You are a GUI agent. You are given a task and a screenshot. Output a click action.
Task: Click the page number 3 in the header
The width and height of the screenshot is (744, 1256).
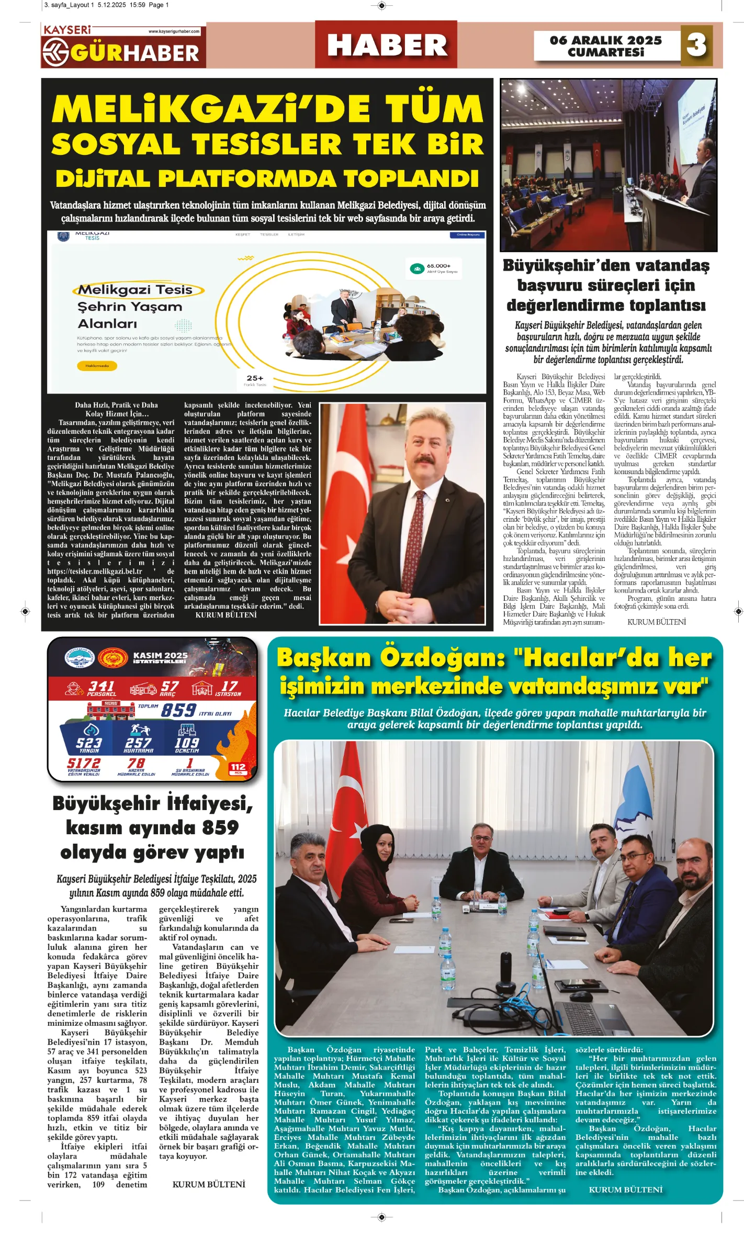click(696, 45)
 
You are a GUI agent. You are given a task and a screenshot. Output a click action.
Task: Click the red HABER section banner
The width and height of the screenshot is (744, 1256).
click(386, 45)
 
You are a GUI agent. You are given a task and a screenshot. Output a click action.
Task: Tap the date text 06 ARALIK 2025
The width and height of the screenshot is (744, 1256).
click(605, 40)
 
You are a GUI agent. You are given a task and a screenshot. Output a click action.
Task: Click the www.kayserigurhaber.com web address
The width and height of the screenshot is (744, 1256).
click(174, 31)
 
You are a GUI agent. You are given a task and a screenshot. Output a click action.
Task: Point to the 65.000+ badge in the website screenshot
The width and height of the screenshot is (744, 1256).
click(434, 268)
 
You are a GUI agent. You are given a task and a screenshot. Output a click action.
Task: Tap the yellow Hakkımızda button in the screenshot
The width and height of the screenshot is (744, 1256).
click(97, 366)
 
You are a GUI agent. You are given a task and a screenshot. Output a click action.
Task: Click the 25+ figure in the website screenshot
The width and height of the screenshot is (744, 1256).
click(255, 378)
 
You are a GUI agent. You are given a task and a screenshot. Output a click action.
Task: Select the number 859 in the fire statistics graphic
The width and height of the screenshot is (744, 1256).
click(178, 710)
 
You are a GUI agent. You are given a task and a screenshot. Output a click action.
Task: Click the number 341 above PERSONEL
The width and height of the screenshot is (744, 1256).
click(102, 686)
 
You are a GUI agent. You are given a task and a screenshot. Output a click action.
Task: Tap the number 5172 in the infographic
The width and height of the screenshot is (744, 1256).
click(83, 763)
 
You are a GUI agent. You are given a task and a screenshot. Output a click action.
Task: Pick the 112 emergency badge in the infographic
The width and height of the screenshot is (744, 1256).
click(238, 768)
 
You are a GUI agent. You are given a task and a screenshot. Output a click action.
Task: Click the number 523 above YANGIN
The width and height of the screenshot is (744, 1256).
click(89, 743)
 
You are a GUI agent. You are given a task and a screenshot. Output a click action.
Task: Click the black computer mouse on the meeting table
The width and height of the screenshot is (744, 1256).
click(577, 995)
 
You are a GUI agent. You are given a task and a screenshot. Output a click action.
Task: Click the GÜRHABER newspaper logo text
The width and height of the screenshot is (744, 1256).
click(134, 53)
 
